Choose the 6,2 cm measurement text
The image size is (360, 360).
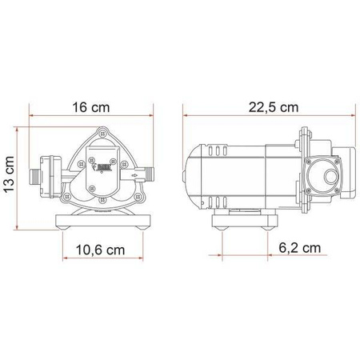300,248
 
